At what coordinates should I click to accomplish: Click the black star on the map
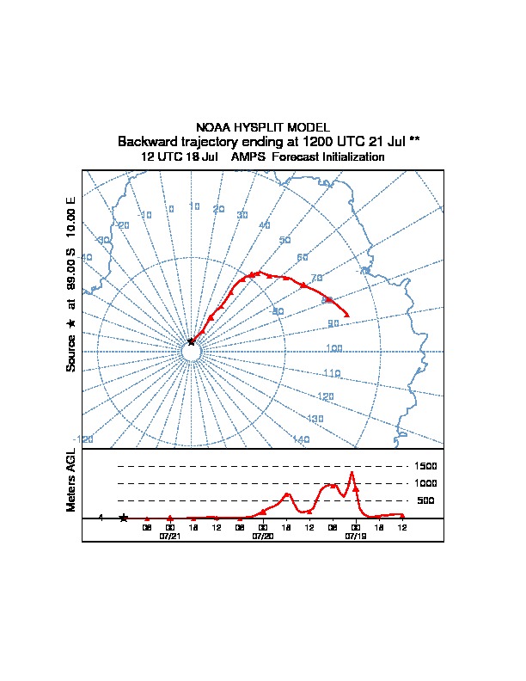pos(191,341)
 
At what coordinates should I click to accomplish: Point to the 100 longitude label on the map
pos(334,348)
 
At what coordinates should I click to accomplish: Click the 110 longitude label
pos(332,373)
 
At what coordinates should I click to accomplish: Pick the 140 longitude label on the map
pos(301,439)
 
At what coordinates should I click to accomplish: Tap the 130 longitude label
pos(315,418)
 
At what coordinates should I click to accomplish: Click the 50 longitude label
pos(285,241)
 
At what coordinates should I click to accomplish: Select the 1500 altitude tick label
pos(426,466)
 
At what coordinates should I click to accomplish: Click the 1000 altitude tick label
pos(426,483)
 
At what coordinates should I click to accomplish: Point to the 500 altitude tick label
pos(425,500)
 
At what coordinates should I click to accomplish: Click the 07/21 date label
pos(169,535)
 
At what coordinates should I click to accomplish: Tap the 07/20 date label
pos(262,535)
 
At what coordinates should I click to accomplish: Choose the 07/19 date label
pos(355,535)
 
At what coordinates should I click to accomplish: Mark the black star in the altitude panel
pos(124,518)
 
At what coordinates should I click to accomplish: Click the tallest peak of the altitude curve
pos(351,471)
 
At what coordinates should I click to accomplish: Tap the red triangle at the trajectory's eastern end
pos(346,316)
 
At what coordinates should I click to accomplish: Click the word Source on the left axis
pos(71,353)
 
